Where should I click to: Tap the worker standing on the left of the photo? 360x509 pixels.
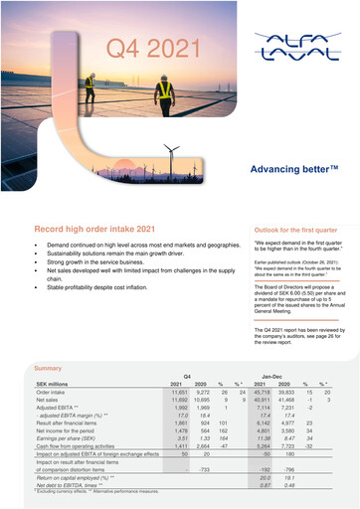(x=89, y=87)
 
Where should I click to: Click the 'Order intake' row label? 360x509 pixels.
(x=53, y=393)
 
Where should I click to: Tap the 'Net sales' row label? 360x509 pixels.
(x=50, y=401)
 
